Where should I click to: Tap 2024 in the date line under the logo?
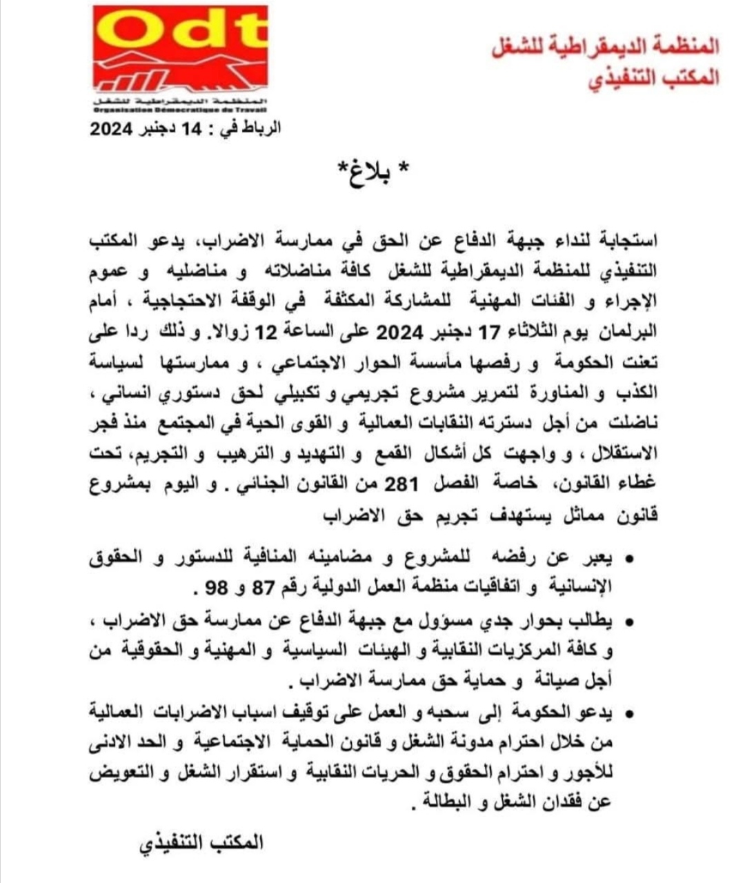(x=115, y=130)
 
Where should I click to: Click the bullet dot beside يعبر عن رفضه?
(x=628, y=557)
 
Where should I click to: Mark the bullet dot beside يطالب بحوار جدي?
(x=628, y=623)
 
